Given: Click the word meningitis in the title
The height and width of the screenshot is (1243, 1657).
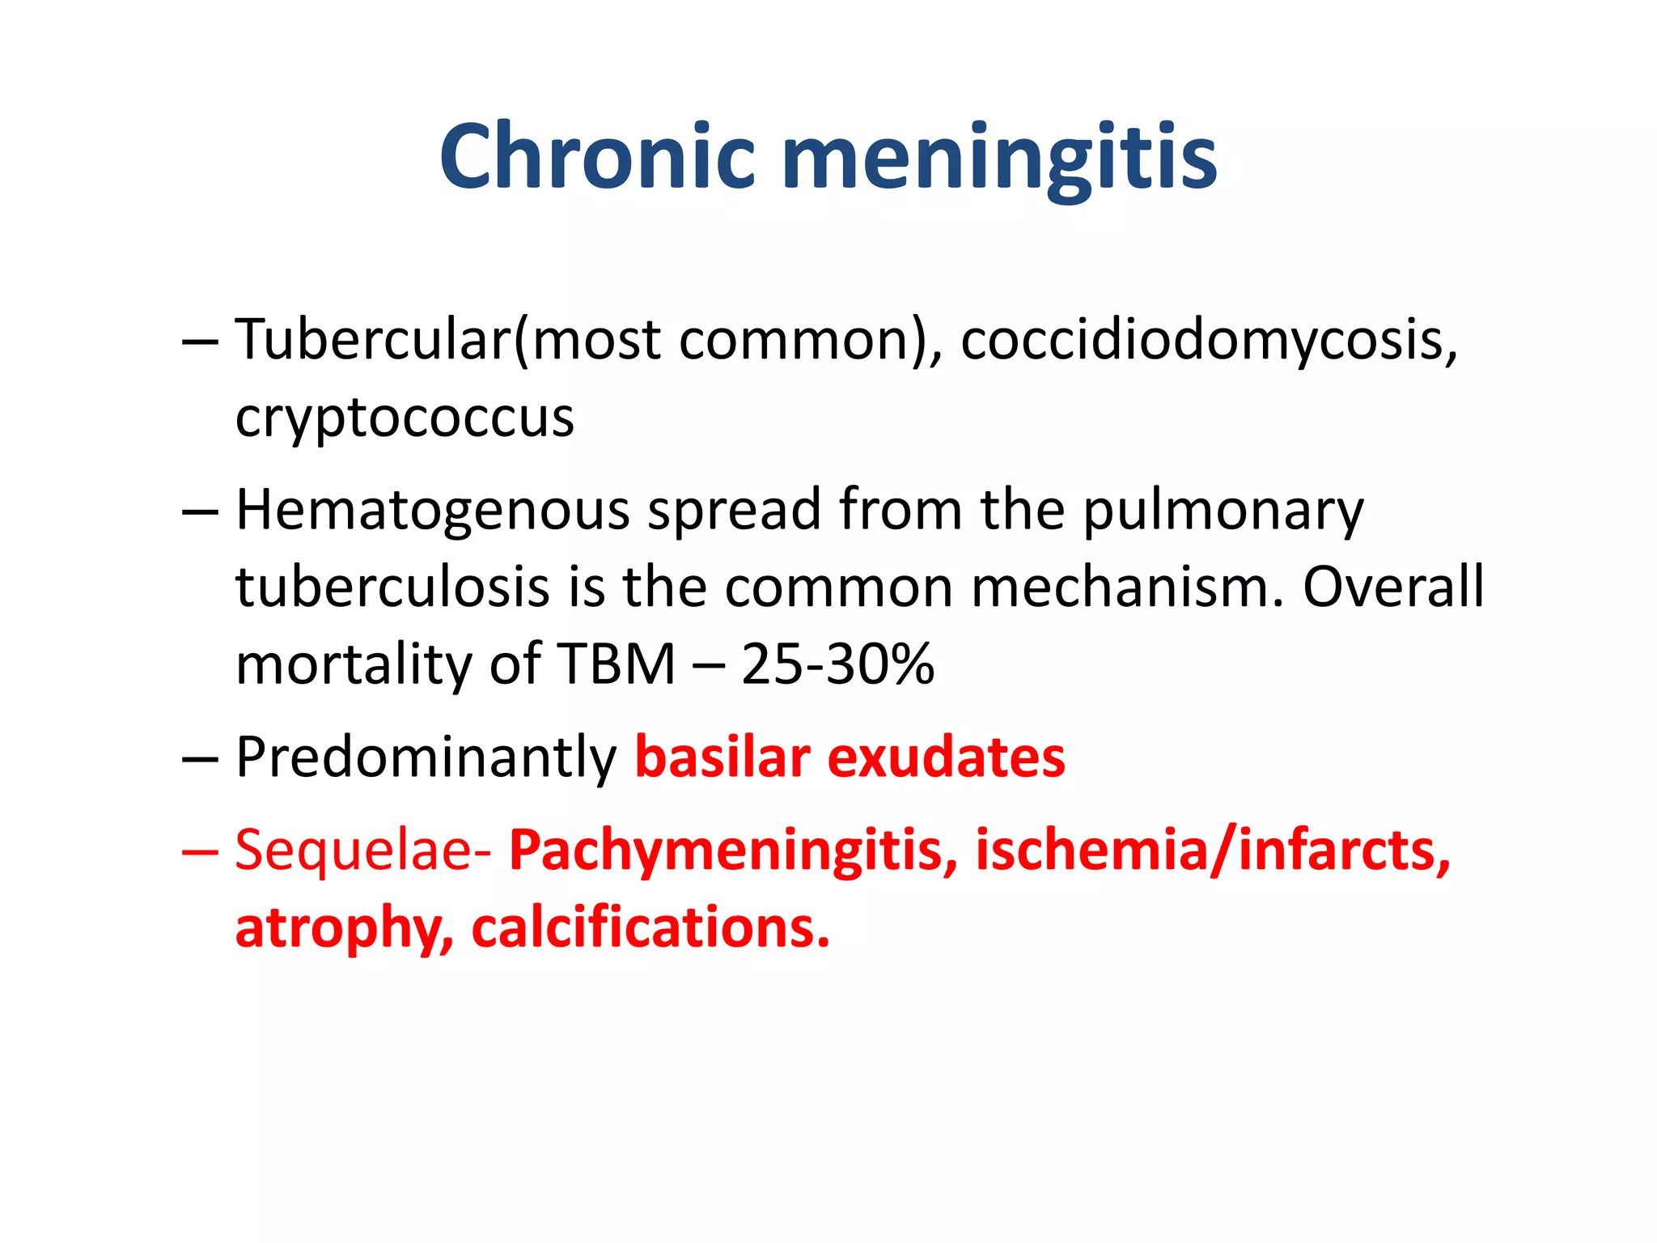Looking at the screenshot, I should (x=998, y=158).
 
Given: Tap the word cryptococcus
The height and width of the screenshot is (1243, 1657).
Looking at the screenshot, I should (x=405, y=419).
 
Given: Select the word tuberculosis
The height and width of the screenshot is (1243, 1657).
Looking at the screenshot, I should (x=393, y=588).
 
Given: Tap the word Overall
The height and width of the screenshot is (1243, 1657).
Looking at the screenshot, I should (x=1393, y=588).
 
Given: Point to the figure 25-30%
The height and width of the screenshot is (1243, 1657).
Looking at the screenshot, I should (x=837, y=664).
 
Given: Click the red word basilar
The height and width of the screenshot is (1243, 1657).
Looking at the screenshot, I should (x=723, y=757).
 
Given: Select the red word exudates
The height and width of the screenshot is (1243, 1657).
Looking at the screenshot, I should (x=946, y=757).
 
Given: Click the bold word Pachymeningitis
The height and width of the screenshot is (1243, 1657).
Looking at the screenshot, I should (x=733, y=851).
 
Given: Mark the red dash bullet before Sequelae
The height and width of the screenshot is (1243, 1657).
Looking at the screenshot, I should (x=199, y=851).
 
